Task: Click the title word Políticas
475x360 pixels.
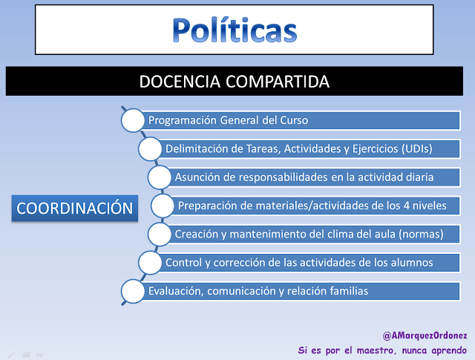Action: pyautogui.click(x=235, y=30)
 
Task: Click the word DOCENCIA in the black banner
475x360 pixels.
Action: pyautogui.click(x=180, y=82)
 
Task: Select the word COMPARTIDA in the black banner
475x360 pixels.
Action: pyautogui.click(x=278, y=82)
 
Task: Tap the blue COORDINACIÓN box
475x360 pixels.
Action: pyautogui.click(x=75, y=208)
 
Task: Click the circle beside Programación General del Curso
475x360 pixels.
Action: pyautogui.click(x=133, y=120)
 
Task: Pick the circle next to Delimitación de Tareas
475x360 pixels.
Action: pyautogui.click(x=150, y=148)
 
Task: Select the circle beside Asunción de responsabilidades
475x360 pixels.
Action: pyautogui.click(x=160, y=177)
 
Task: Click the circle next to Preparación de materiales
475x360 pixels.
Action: pyautogui.click(x=163, y=206)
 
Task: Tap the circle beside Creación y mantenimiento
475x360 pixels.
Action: pyautogui.click(x=160, y=235)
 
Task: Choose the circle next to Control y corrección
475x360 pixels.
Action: pyautogui.click(x=150, y=263)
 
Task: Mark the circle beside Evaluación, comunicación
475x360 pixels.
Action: pyautogui.click(x=133, y=291)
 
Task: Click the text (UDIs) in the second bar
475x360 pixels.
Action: pyautogui.click(x=417, y=148)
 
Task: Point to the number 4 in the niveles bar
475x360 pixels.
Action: pyautogui.click(x=407, y=206)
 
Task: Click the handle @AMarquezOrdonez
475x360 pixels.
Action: pyautogui.click(x=425, y=336)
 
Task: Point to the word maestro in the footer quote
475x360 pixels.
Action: pyautogui.click(x=376, y=350)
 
